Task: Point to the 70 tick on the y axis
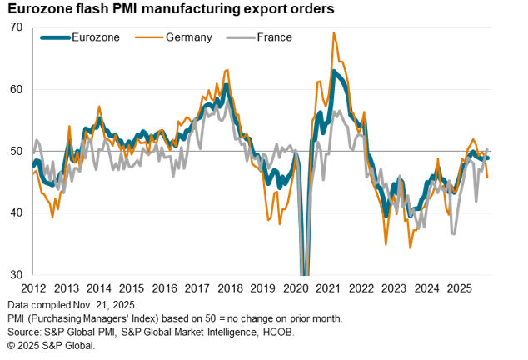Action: pos(17,27)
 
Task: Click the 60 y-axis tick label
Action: pos(17,89)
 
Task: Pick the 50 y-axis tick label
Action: pos(17,151)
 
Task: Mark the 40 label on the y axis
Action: pos(17,212)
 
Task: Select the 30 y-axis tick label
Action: pos(17,274)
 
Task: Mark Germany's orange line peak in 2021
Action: pos(334,33)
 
